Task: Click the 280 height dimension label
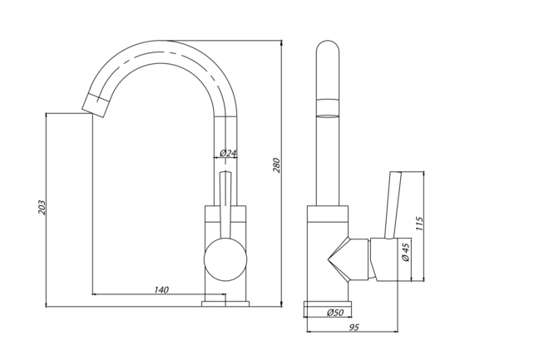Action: (x=277, y=165)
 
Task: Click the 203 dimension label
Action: (x=42, y=207)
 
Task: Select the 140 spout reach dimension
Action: (x=161, y=289)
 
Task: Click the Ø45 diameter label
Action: (x=406, y=252)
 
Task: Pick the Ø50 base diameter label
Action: (x=335, y=312)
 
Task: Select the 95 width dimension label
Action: (x=353, y=328)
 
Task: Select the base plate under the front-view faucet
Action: (x=225, y=303)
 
